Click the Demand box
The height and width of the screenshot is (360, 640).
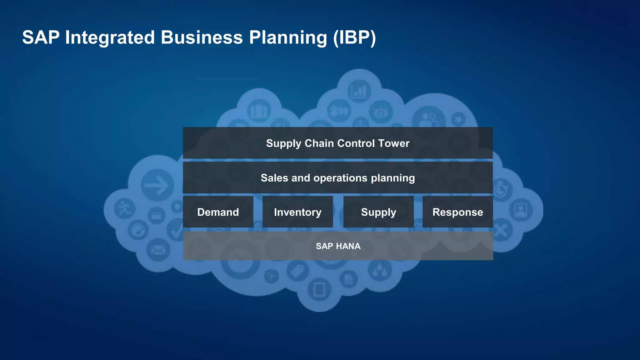pyautogui.click(x=218, y=212)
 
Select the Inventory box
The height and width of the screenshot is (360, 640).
pyautogui.click(x=297, y=212)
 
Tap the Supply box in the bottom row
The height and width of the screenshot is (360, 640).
pyautogui.click(x=378, y=212)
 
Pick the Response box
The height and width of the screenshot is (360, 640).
pyautogui.click(x=457, y=212)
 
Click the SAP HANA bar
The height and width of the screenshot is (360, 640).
pyautogui.click(x=338, y=246)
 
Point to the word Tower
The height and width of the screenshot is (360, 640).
pyautogui.click(x=393, y=143)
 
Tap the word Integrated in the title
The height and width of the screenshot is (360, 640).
pyautogui.click(x=110, y=37)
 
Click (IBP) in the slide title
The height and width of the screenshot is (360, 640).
pyautogui.click(x=354, y=37)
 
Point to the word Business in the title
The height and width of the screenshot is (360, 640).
pyautogui.click(x=202, y=37)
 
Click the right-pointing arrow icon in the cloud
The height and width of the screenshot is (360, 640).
pyautogui.click(x=157, y=185)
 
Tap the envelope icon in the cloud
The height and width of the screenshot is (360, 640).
pyautogui.click(x=158, y=250)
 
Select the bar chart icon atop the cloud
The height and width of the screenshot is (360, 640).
pyautogui.click(x=359, y=91)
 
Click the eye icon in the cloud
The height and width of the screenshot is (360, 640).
pyautogui.click(x=381, y=112)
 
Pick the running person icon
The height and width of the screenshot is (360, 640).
pyautogui.click(x=124, y=208)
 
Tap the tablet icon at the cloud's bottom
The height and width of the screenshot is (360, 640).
pyautogui.click(x=319, y=290)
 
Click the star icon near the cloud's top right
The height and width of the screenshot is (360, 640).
pyautogui.click(x=458, y=119)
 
